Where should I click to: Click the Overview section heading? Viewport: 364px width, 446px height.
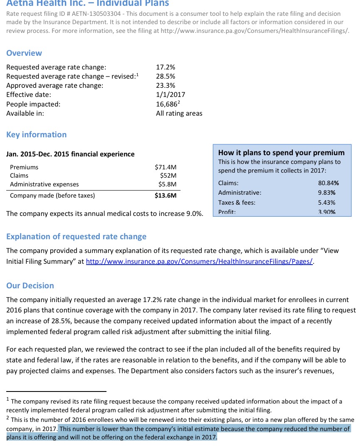(24, 53)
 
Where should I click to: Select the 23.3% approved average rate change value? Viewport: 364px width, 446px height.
(166, 85)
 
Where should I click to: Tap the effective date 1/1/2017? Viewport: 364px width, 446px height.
(170, 94)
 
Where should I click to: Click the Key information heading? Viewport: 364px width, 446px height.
(36, 134)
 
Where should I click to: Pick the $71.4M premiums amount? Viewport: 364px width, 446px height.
(166, 167)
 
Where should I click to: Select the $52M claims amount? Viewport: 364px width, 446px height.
(168, 176)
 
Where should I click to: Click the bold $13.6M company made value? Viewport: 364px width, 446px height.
(166, 196)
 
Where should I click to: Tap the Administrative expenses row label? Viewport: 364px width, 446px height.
(44, 184)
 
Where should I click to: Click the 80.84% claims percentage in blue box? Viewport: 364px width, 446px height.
(328, 183)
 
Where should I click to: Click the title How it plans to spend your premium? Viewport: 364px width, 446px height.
(281, 152)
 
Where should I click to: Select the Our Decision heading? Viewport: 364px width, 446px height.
(30, 285)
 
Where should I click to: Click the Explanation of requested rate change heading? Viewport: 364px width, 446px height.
(76, 236)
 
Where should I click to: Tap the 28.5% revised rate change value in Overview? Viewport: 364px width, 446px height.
(166, 76)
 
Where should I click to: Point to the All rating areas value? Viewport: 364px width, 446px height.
(179, 113)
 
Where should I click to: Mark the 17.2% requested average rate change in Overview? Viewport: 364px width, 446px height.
(166, 67)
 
